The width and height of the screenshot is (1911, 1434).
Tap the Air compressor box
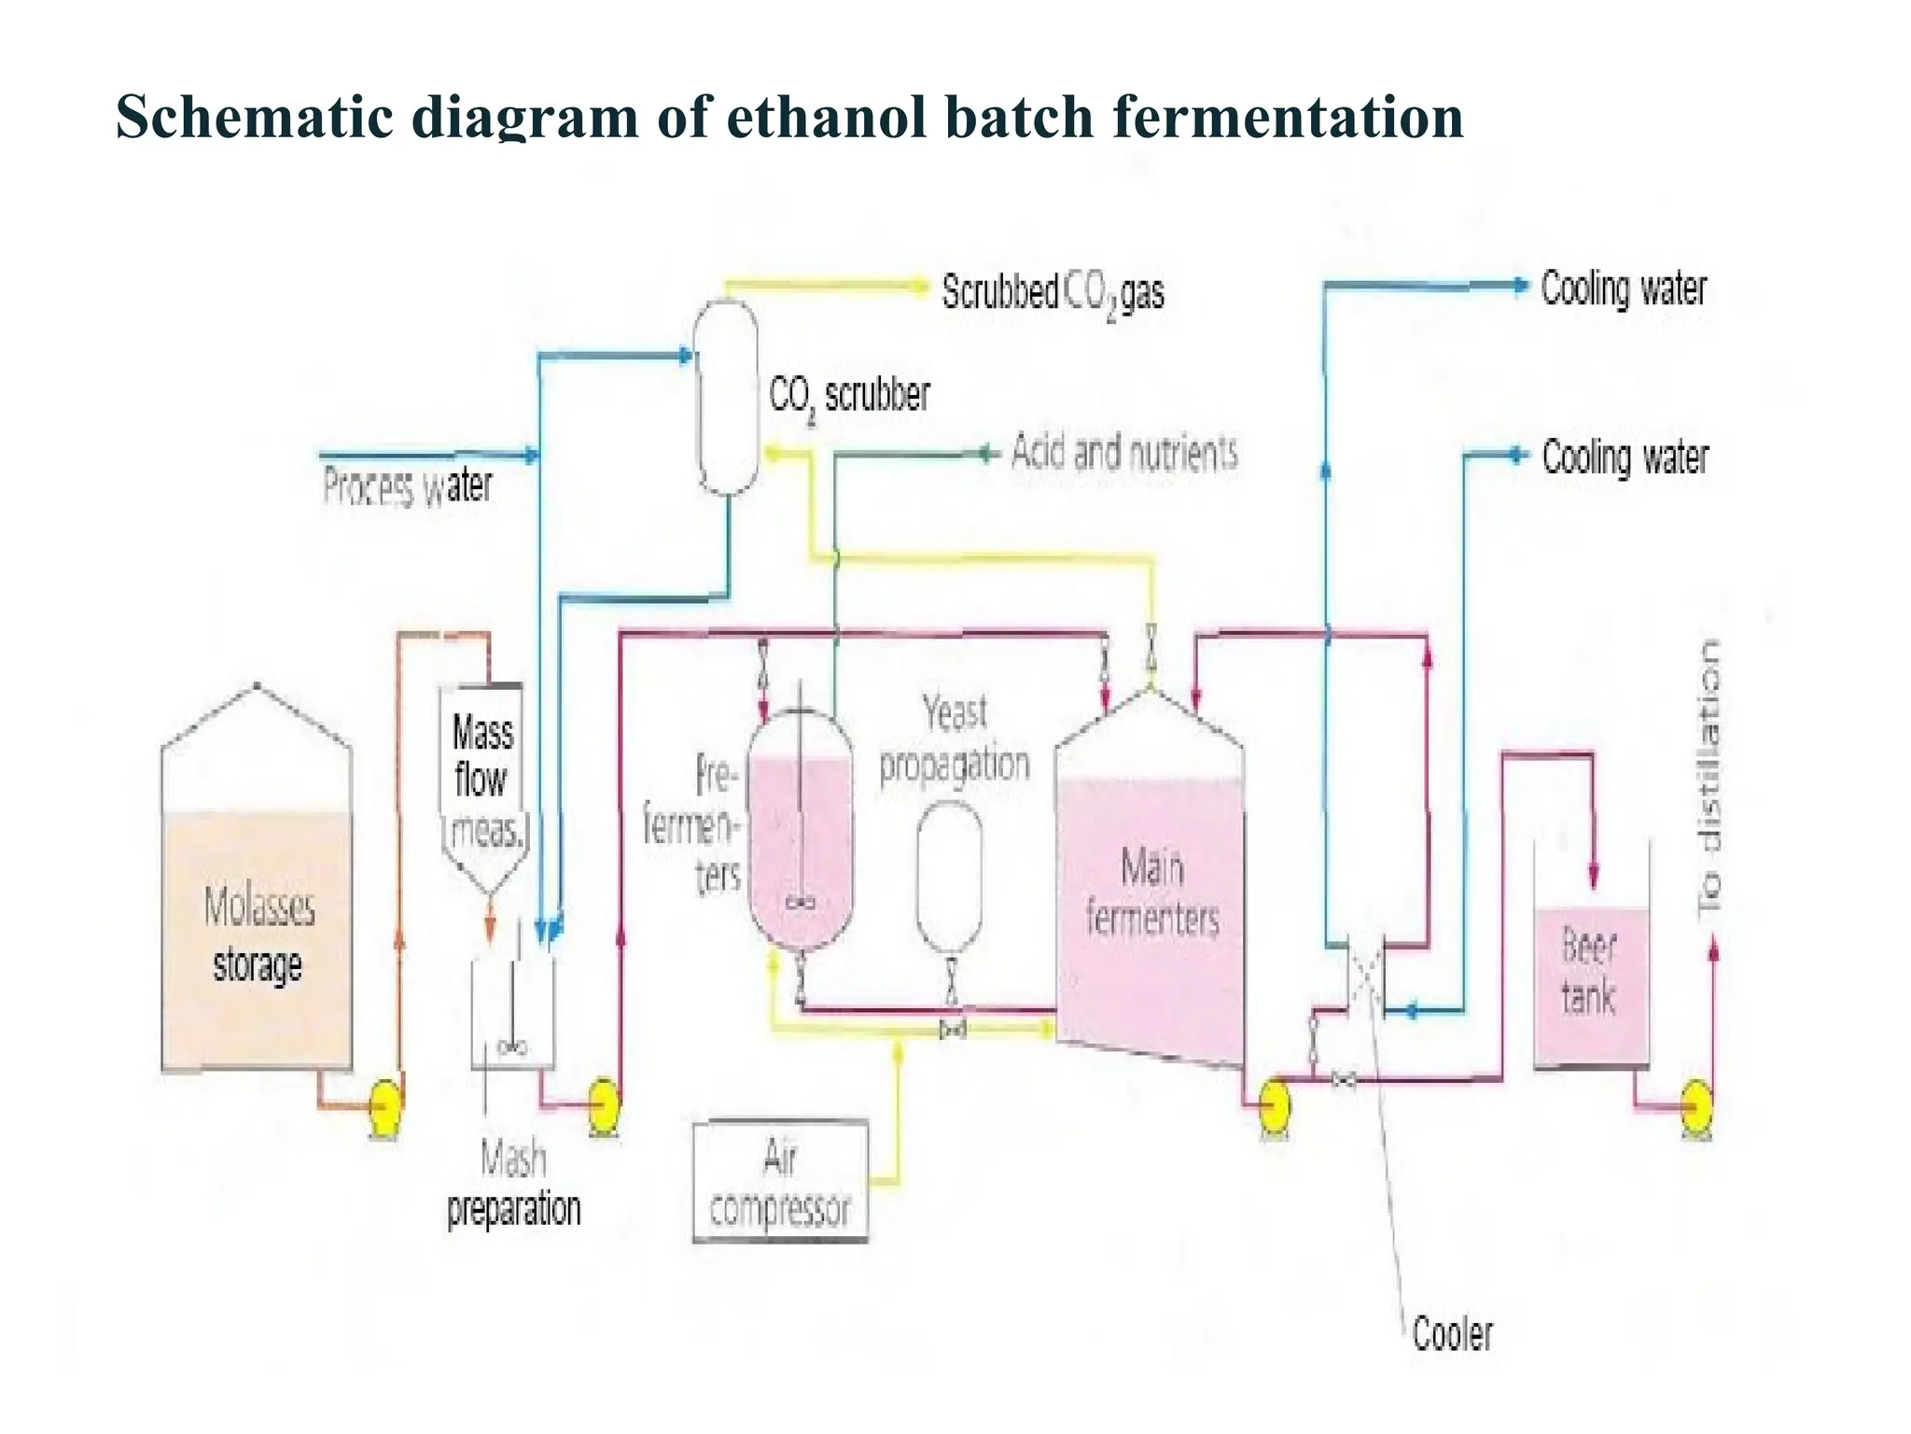tap(780, 1182)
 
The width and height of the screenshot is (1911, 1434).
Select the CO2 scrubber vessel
tap(727, 397)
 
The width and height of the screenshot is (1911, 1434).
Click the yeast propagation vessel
tap(950, 878)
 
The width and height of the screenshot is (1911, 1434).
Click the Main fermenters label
tap(1152, 892)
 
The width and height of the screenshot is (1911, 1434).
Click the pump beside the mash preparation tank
tap(604, 1105)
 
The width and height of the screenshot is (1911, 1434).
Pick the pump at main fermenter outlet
tap(1274, 1105)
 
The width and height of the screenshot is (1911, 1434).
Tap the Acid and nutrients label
tap(1124, 454)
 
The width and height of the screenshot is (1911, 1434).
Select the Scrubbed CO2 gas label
tap(1053, 292)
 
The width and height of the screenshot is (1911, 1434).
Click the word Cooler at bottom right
tap(1452, 1333)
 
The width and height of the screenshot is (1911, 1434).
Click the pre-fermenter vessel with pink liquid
tap(801, 831)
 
